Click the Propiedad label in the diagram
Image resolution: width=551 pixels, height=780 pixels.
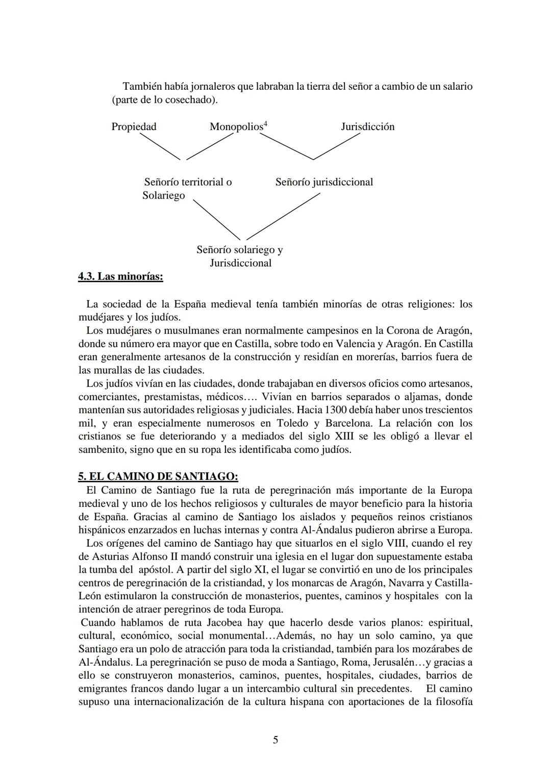click(x=134, y=127)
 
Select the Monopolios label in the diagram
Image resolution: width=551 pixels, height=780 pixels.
click(x=236, y=127)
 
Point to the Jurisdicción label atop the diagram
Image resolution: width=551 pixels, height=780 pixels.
click(x=367, y=127)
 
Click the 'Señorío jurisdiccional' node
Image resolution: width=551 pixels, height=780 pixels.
click(x=324, y=182)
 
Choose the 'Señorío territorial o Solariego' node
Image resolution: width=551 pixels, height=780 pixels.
click(x=187, y=188)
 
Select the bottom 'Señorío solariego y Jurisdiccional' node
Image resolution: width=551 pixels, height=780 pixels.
click(x=240, y=256)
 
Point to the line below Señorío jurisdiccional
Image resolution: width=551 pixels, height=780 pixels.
click(x=283, y=216)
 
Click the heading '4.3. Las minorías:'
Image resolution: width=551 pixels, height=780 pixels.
click(x=120, y=277)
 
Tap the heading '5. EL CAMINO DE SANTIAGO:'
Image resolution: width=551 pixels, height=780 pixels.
click(x=158, y=476)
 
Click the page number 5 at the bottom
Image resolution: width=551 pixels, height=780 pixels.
click(x=275, y=740)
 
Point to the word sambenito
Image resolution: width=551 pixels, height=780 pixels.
click(x=102, y=450)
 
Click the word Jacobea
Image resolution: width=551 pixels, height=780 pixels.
click(x=225, y=622)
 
